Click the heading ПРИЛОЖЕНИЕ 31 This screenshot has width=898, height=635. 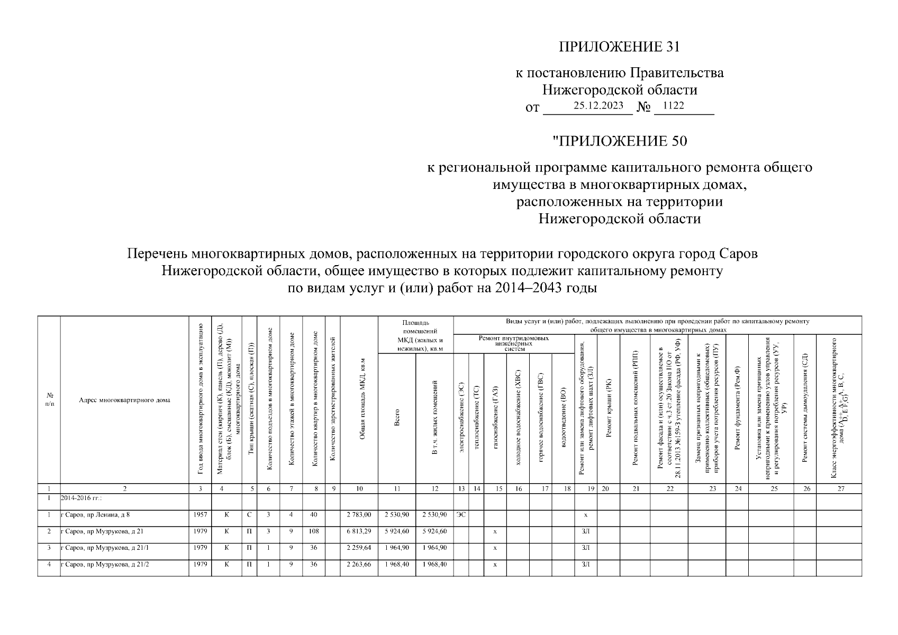pos(619,48)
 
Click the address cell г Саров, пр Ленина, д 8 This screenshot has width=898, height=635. pos(96,515)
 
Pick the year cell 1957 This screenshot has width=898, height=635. pos(200,515)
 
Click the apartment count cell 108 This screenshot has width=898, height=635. pos(313,531)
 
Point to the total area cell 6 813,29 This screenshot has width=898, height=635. pos(359,531)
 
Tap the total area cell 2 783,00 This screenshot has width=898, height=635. pos(359,515)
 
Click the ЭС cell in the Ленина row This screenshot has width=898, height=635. pos(461,515)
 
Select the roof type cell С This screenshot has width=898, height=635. pos(249,515)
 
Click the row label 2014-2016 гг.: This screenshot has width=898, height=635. pos(81,498)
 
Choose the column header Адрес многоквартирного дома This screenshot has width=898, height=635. pos(124,400)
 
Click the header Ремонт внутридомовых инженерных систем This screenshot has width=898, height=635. pos(513,343)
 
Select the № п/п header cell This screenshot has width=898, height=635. pos(49,400)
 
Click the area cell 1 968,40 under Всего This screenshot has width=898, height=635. pos(396,565)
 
